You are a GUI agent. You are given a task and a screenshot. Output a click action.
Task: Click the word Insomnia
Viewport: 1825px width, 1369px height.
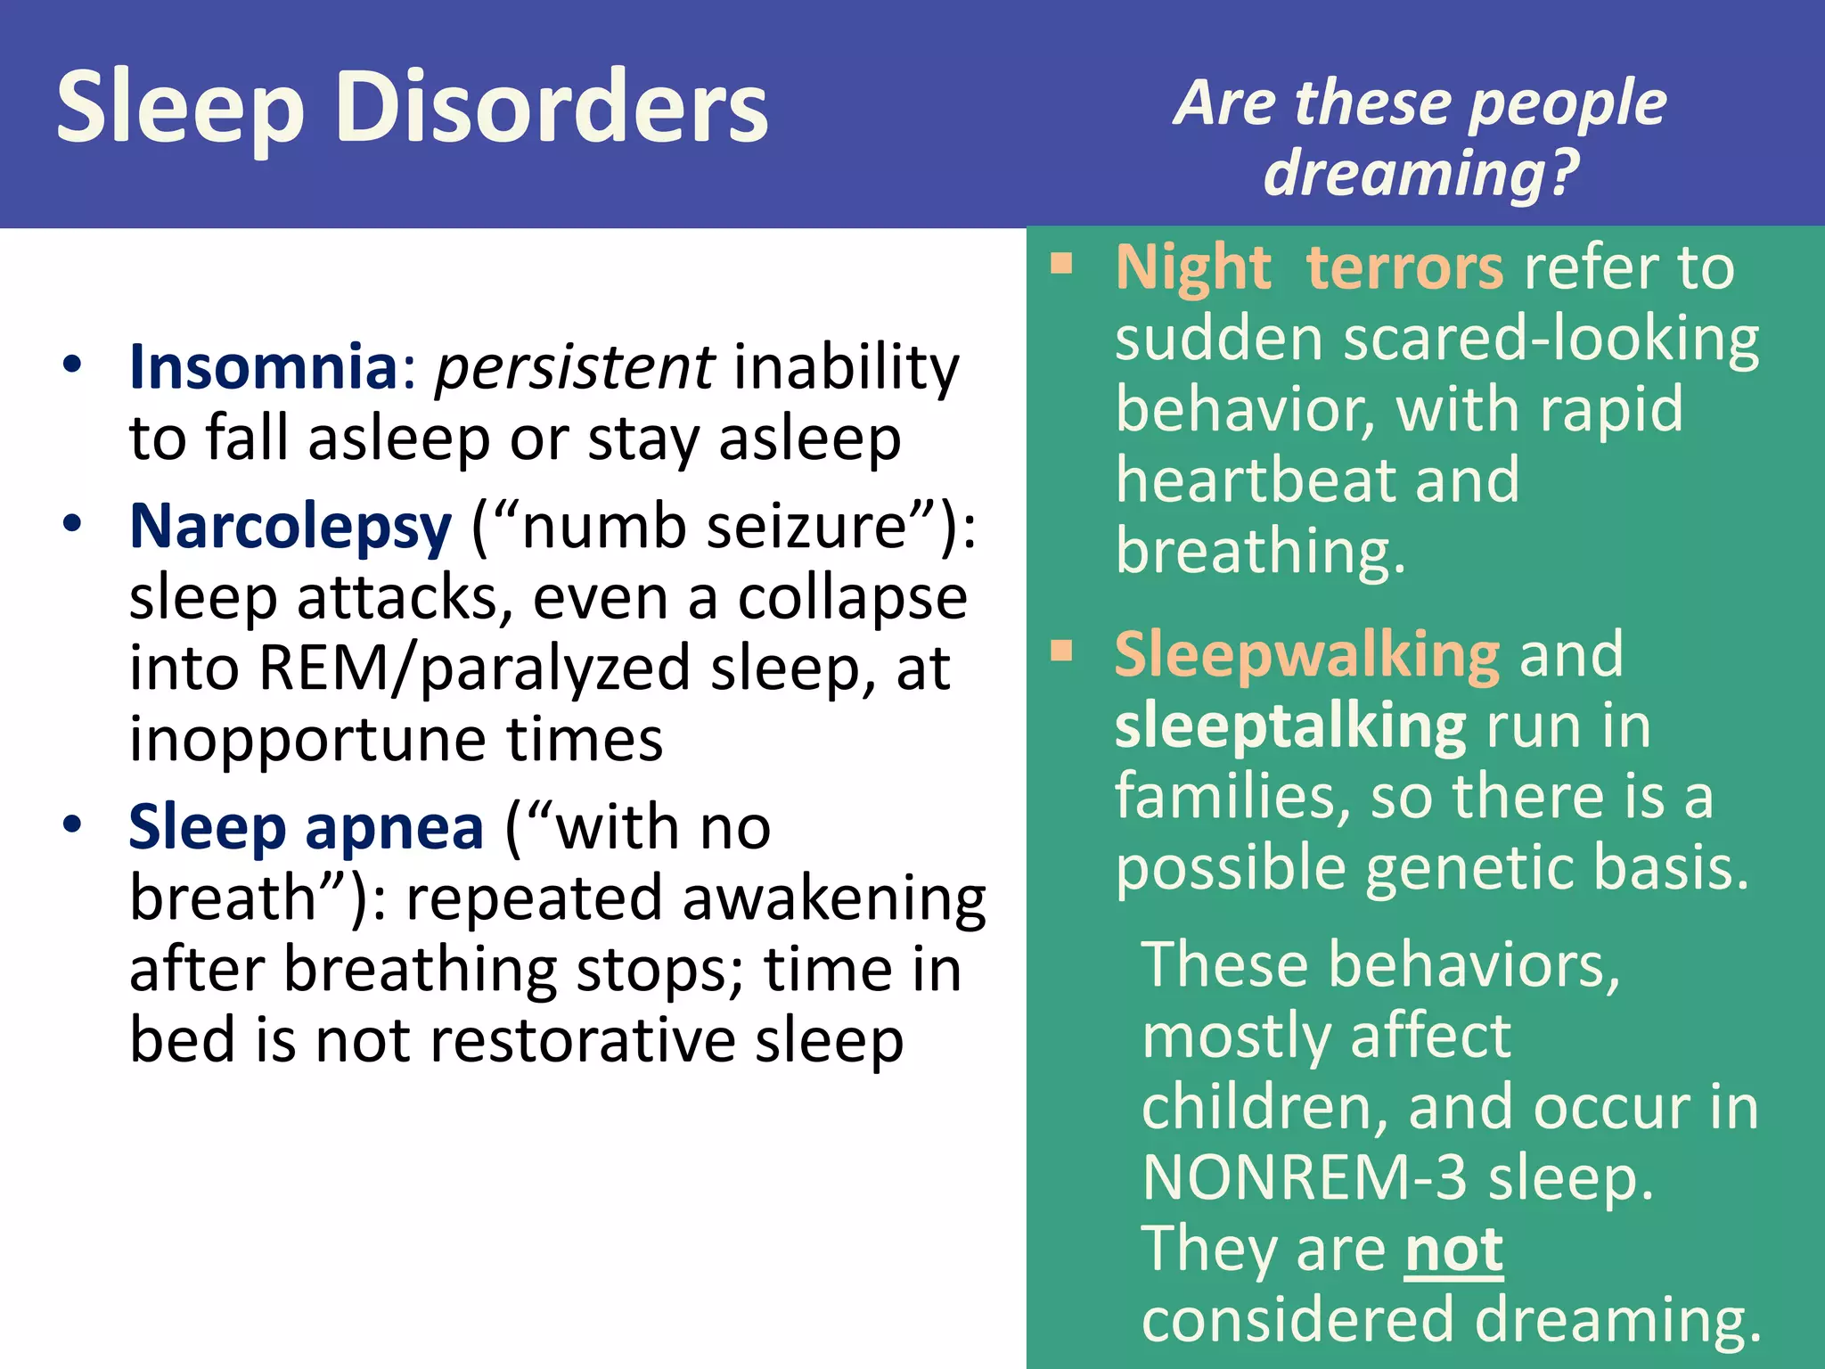[263, 366]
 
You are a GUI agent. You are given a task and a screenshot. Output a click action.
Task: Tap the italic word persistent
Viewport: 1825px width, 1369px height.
[574, 366]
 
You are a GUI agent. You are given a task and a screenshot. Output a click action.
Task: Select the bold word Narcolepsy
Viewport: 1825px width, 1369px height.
[291, 527]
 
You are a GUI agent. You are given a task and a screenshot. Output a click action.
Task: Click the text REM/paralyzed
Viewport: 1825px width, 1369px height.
[475, 668]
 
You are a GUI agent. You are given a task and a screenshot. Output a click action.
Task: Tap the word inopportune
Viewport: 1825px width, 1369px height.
[307, 740]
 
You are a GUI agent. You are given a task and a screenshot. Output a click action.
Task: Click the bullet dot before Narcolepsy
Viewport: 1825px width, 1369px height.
[72, 523]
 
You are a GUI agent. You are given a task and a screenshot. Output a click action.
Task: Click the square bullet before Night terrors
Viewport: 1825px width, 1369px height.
[1060, 264]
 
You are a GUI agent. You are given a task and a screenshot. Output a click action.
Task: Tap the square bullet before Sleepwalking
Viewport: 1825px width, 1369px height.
[1060, 651]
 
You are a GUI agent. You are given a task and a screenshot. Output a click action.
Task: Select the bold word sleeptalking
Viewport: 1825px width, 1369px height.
[1289, 726]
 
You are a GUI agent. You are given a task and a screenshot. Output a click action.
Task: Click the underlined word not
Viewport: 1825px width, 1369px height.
[1453, 1250]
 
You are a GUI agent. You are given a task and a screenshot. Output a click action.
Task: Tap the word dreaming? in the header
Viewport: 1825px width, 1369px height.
[1421, 173]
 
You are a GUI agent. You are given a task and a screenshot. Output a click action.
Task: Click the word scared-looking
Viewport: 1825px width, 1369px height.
[1551, 340]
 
